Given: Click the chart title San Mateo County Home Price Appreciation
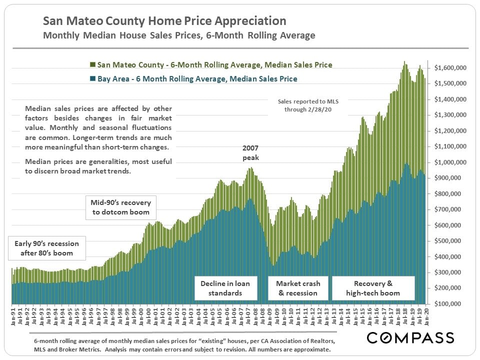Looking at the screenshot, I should click(164, 21).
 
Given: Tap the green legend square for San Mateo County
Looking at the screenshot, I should click(92, 65).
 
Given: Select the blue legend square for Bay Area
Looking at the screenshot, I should click(92, 78).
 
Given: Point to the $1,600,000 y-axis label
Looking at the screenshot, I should click(450, 67).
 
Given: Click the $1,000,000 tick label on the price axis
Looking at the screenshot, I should click(450, 162).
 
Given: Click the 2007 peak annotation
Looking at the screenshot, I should click(251, 153).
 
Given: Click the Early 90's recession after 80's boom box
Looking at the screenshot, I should click(46, 248).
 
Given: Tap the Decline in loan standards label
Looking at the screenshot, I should click(225, 288).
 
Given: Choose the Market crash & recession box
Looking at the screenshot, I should click(298, 288).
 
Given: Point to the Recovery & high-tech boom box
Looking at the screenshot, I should click(373, 288).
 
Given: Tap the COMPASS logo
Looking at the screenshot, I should click(410, 338).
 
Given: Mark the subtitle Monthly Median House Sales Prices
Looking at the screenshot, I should click(179, 35).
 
